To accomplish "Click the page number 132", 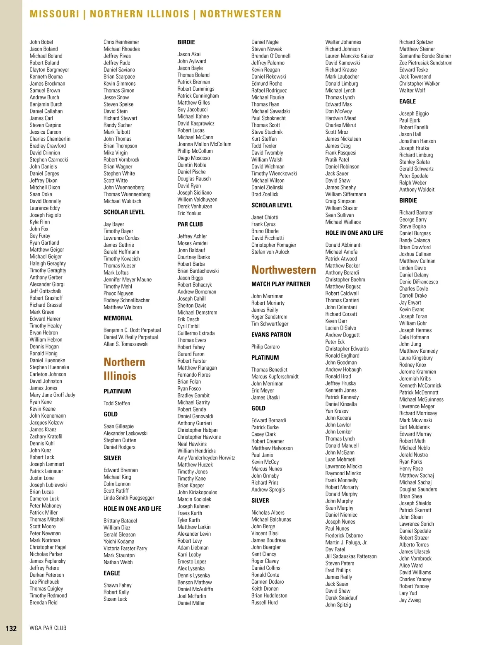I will coord(11,628).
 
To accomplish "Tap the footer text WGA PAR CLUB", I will coord(48,628).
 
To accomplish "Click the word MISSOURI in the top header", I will coord(54,14).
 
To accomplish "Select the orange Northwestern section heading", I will coord(283,270).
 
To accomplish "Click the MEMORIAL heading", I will coord(118,318).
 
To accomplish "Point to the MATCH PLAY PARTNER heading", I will coord(280,284).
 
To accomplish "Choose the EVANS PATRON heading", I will coord(271,335).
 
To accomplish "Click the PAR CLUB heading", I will coord(190,224).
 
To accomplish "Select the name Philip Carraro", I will coord(265,347).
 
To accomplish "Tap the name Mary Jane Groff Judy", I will coord(52,395).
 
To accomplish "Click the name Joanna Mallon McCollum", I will coord(204,144).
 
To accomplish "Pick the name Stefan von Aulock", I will coord(270,252).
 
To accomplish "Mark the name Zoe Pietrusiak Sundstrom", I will coord(425,63).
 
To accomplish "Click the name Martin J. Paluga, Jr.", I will coord(346,542).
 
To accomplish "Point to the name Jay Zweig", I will coord(410,600).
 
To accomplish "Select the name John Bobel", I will coord(41,42).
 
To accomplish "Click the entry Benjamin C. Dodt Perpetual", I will coord(132,330).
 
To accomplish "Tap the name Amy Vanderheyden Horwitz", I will coord(206,458).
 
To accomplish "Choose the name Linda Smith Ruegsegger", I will coord(128,498).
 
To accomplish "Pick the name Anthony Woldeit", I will coord(417,190).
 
